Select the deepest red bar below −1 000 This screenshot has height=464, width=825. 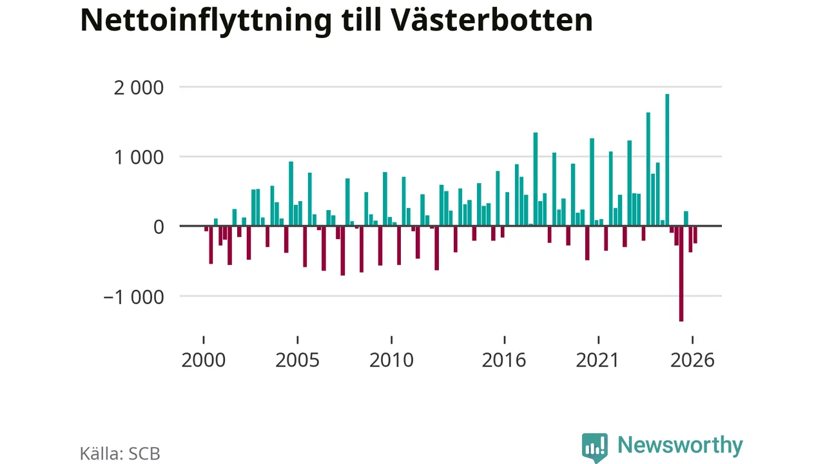(681, 274)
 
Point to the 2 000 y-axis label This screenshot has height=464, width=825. (139, 88)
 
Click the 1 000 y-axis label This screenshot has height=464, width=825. (139, 158)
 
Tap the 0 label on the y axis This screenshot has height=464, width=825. (159, 227)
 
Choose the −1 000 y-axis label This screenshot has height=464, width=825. (133, 297)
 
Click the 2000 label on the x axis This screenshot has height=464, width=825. (203, 360)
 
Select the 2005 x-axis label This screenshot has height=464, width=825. (297, 360)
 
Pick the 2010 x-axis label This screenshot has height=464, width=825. (391, 360)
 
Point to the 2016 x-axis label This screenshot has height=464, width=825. (504, 360)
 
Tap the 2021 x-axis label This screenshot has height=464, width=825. (597, 360)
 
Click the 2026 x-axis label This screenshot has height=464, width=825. (692, 360)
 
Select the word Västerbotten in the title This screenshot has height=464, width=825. (490, 19)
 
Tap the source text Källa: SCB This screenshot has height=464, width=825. (120, 454)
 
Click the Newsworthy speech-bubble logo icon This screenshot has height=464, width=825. (594, 447)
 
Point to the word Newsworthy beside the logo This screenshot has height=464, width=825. (680, 446)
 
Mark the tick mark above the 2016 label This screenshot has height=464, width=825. (504, 340)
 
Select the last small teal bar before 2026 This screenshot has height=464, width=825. (686, 218)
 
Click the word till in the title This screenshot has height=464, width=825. (360, 19)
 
